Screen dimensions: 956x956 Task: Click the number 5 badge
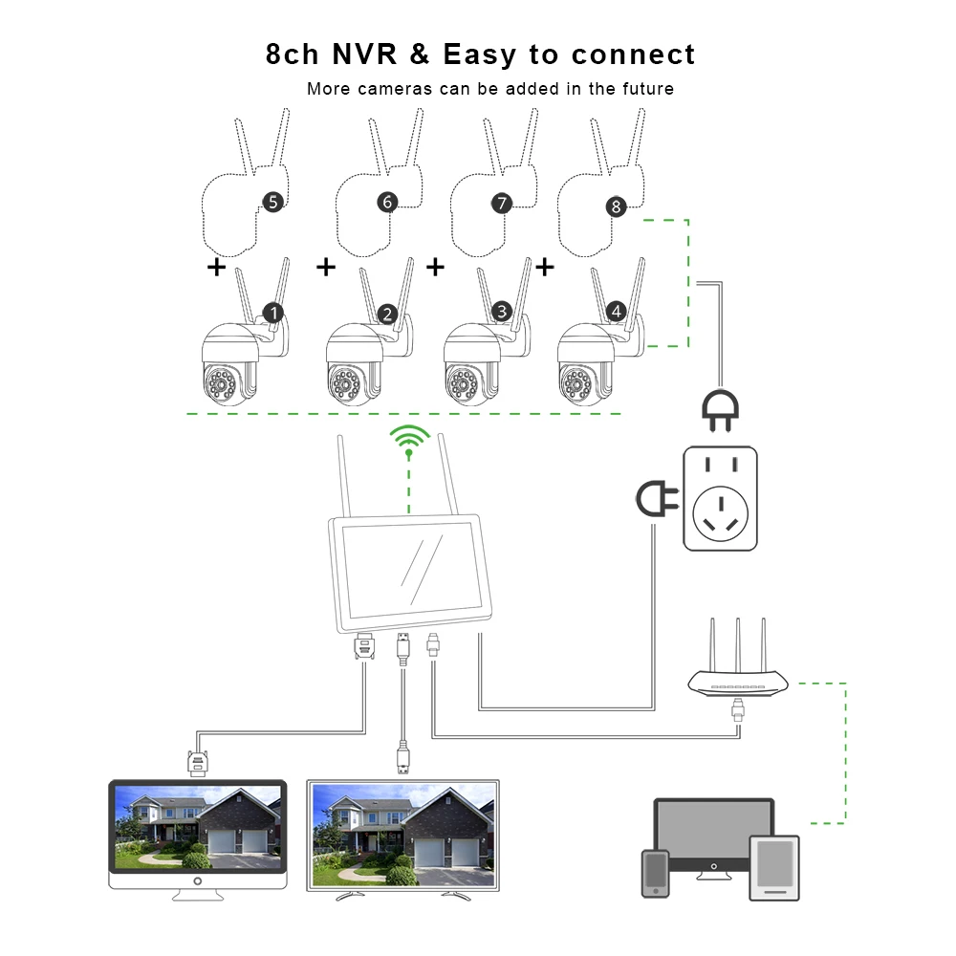(x=272, y=202)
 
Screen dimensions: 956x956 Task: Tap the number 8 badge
(x=615, y=206)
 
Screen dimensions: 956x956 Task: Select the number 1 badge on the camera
(x=272, y=313)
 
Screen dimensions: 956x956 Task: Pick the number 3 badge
(x=502, y=312)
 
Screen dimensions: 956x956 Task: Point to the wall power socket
(x=720, y=498)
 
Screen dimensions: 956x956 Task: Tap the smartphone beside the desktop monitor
(x=655, y=871)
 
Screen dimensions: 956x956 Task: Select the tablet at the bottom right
(x=773, y=867)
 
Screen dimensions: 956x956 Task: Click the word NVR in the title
(x=365, y=54)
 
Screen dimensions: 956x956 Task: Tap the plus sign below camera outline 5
(x=217, y=267)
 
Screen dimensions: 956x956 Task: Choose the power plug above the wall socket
(x=719, y=409)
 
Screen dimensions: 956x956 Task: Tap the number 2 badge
(x=387, y=314)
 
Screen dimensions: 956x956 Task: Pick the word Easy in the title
(x=478, y=54)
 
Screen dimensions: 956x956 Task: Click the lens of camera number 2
(x=344, y=386)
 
